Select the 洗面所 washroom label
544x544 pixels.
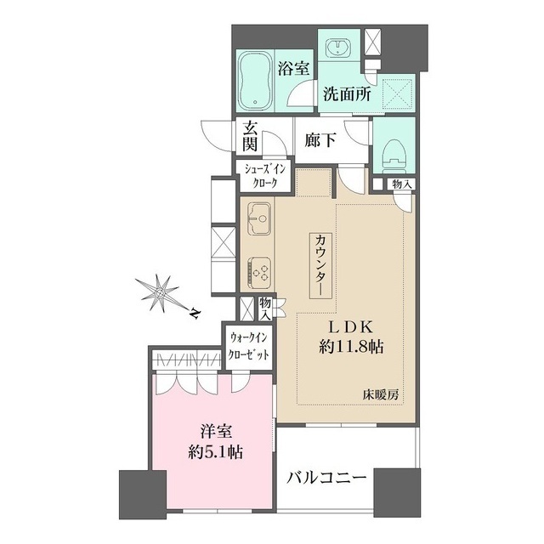(x=345, y=94)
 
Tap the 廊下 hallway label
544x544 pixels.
(x=320, y=139)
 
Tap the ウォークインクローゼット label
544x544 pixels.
(x=249, y=346)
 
